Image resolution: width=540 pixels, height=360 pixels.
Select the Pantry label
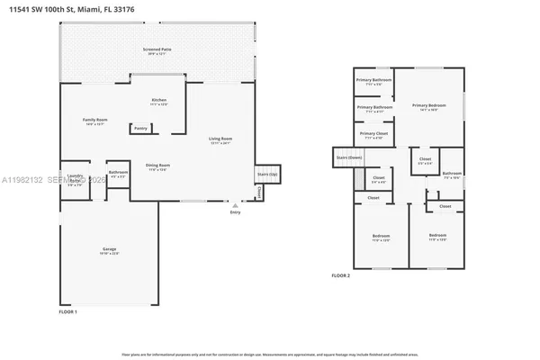140,129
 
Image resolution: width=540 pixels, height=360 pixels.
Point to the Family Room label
94,121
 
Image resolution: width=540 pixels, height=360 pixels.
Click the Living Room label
220,139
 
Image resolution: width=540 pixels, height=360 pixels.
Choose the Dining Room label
158,166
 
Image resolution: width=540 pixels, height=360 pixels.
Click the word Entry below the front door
236,212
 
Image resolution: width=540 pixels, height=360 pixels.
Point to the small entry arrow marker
236,205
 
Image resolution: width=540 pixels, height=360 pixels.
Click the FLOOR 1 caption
68,311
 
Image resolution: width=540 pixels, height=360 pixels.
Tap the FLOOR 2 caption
340,275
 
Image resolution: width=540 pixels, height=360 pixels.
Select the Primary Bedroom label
430,106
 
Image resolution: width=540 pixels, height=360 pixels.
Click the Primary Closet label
373,135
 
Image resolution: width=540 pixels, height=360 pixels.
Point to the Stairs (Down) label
349,157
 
